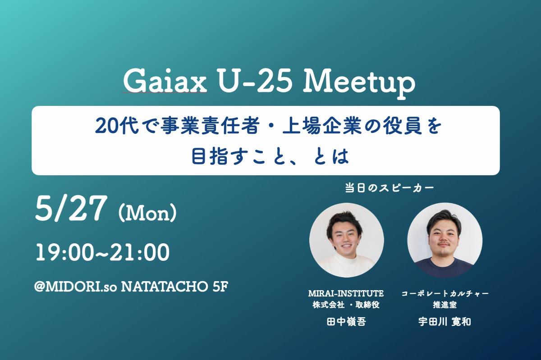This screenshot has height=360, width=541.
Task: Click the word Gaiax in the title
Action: (165, 82)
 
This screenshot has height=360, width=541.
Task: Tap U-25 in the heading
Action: (255, 82)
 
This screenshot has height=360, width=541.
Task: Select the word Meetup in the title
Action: (359, 83)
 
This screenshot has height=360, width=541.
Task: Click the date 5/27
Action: (71, 209)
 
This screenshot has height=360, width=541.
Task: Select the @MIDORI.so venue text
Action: (76, 287)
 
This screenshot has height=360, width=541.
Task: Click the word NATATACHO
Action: (164, 287)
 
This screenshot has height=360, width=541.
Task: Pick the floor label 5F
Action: (220, 287)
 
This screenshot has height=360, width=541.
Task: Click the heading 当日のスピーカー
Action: (390, 188)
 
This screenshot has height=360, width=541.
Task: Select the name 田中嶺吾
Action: (346, 322)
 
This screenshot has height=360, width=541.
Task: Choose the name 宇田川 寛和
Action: (445, 322)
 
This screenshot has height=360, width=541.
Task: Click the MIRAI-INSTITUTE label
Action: (346, 293)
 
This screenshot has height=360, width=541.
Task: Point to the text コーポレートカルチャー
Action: (445, 294)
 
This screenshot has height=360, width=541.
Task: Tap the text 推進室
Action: (445, 305)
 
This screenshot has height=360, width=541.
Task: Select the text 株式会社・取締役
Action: (346, 305)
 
